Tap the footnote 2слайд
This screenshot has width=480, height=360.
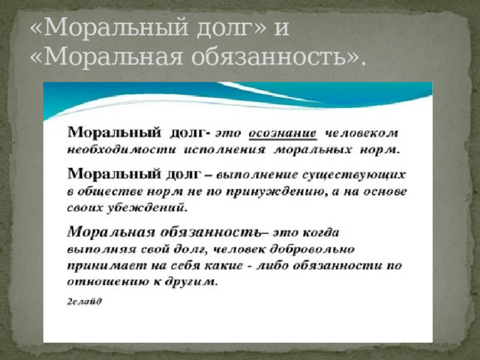coord(85,301)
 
